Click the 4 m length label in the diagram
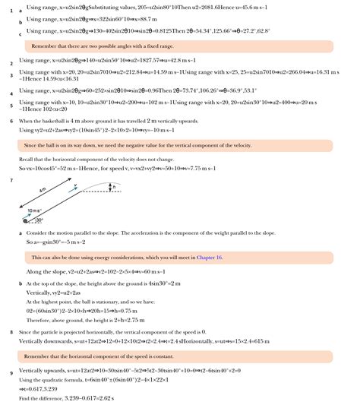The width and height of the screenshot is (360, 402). (x=43, y=188)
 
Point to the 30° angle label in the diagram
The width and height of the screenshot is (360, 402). (x=39, y=220)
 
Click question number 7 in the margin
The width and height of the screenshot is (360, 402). (x=11, y=179)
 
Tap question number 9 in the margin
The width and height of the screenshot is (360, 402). (x=11, y=373)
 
